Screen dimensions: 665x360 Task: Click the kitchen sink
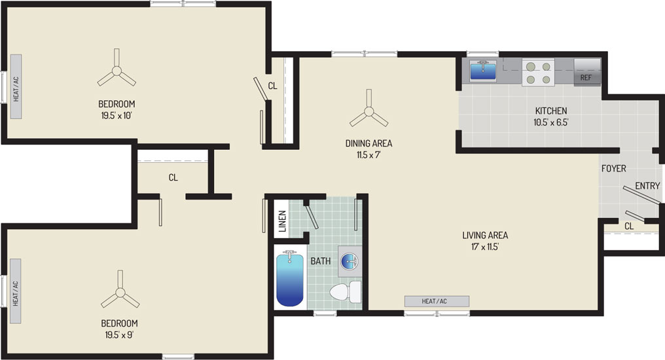[482, 70]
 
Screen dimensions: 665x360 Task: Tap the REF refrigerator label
[586, 78]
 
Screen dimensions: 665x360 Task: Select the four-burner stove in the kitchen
[538, 73]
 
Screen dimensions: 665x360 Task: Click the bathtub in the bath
[290, 278]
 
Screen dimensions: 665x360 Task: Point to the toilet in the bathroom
[345, 292]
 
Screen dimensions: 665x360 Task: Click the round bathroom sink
[350, 261]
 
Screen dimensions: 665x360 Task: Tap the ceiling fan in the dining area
[368, 111]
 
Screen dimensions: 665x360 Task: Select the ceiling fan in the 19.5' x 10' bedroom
[117, 71]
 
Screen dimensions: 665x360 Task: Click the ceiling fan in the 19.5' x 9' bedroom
[120, 292]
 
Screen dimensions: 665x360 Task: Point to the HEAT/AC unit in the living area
[437, 301]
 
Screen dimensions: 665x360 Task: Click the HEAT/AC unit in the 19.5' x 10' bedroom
[16, 86]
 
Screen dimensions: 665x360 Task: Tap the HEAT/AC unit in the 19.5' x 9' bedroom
[16, 291]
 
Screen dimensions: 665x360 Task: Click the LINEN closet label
[282, 221]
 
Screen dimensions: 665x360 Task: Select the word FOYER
[614, 169]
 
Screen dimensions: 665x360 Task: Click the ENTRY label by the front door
[647, 186]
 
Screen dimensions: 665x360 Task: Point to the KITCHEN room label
[551, 111]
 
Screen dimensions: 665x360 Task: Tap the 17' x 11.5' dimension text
[485, 246]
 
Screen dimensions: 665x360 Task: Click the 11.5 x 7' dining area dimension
[368, 154]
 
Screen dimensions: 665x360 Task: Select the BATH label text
[321, 261]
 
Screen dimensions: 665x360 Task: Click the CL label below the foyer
[629, 226]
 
